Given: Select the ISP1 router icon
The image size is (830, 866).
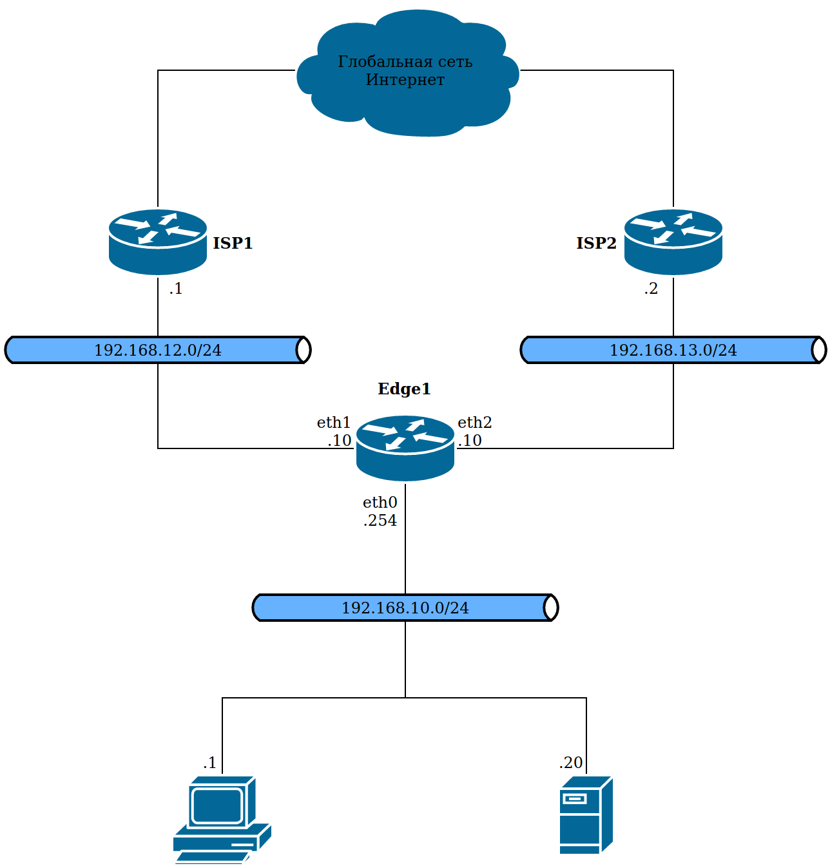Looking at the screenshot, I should tap(158, 242).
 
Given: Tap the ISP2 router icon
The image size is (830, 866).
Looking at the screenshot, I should tap(673, 242).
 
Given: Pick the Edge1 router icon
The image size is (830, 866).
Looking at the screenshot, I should tap(405, 448).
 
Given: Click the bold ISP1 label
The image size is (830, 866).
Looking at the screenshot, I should tap(233, 243).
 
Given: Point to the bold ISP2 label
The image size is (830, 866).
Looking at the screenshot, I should tap(596, 243).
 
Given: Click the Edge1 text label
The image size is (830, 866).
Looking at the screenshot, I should tap(404, 389).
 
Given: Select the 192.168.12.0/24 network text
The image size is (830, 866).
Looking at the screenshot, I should tap(158, 350).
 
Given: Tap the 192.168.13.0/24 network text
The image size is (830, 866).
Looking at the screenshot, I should tap(673, 350).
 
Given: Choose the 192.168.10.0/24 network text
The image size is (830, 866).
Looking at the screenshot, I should tap(405, 608).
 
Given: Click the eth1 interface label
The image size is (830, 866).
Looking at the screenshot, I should tap(333, 423).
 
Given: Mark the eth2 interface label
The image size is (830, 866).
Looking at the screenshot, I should tap(475, 423).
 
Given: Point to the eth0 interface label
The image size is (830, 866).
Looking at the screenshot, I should tap(380, 503).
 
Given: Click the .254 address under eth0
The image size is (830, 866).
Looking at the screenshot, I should tap(380, 521).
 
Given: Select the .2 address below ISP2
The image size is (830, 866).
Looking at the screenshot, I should tap(651, 289).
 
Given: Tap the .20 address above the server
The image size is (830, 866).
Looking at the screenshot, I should tap(571, 763).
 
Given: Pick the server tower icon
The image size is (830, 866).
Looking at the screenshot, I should tap(586, 815).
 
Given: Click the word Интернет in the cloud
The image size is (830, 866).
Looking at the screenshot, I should tap(405, 80).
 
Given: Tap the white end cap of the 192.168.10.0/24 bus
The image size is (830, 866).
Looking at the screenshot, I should tap(551, 608).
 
